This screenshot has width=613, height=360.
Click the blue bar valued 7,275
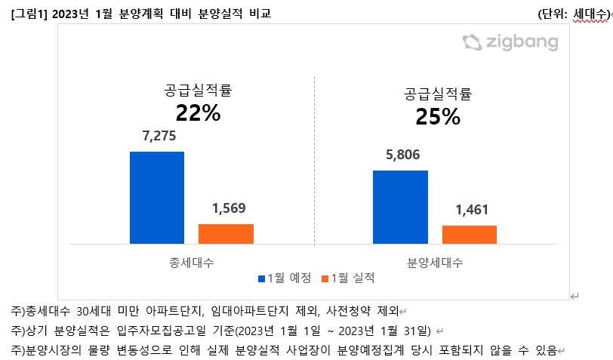157,198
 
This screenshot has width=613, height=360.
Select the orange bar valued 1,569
226,234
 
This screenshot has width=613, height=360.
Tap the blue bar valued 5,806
400,207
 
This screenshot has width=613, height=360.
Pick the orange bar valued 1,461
469,235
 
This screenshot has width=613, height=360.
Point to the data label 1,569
226,209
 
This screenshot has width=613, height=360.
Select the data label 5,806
400,156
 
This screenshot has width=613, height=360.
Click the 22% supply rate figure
198,113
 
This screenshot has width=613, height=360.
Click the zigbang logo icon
471,42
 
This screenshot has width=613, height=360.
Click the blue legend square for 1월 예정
262,278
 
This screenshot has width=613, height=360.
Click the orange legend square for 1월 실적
325,278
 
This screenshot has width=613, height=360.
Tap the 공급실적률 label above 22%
198,91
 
